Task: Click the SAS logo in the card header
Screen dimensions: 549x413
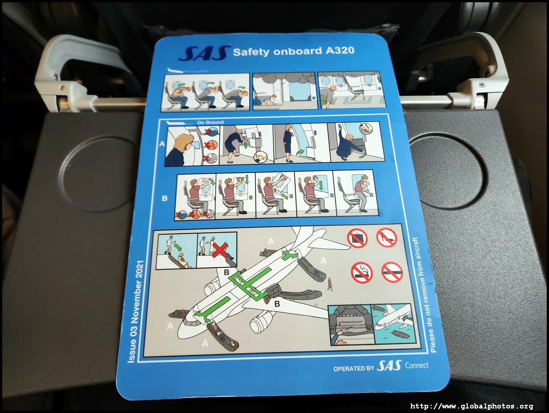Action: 204,53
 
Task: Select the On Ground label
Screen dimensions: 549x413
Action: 210,123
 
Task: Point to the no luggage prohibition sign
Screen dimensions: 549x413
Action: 357,239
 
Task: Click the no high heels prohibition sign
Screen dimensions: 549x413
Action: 387,237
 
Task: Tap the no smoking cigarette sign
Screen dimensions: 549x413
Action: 362,273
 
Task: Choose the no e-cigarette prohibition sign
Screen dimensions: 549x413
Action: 392,272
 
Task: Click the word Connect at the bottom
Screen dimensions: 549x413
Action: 417,365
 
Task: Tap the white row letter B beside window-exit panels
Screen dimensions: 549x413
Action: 164,198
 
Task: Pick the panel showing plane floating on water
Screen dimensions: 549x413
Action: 394,324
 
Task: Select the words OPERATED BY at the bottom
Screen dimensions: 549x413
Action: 353,369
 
